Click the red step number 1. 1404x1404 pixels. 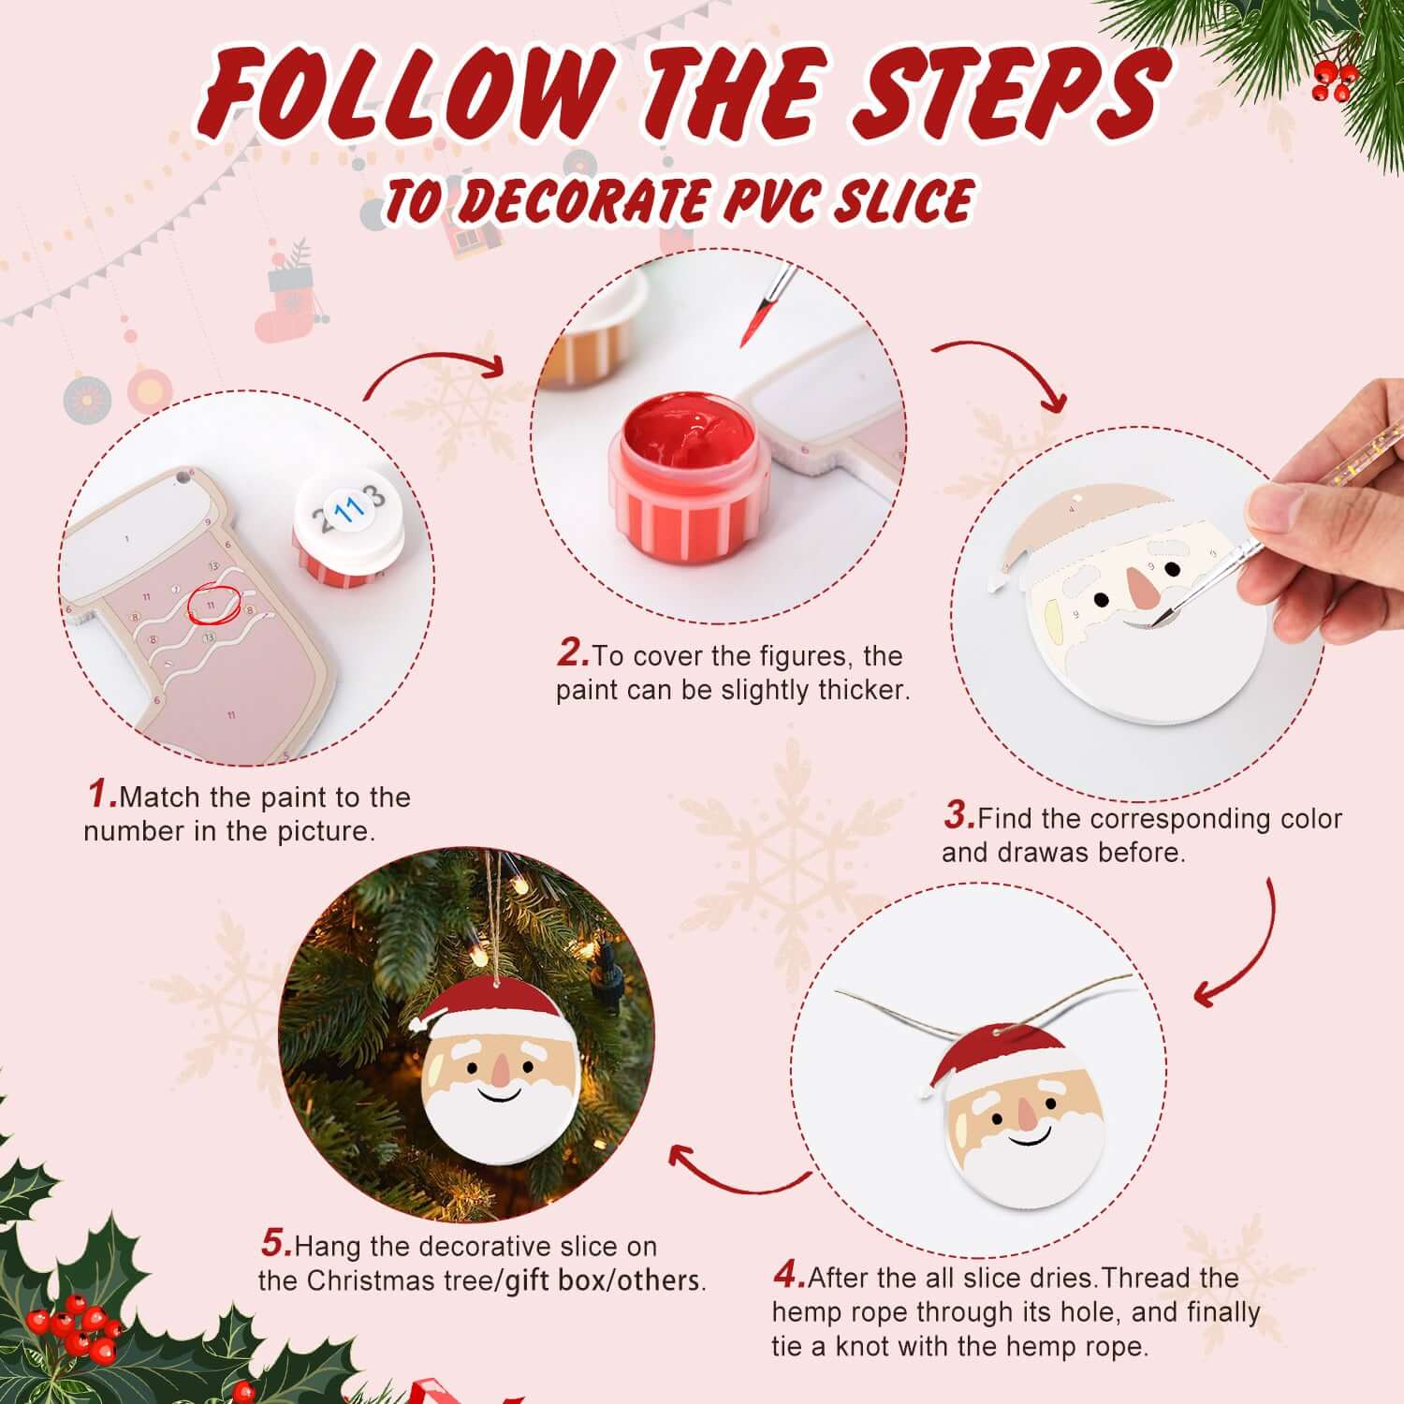click(102, 795)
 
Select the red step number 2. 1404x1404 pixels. click(572, 653)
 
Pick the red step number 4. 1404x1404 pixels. click(789, 1275)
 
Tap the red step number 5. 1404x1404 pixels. click(277, 1244)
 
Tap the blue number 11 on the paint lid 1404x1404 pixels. click(350, 510)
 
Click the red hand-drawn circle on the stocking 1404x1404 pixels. click(214, 605)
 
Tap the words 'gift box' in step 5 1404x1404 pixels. click(556, 1280)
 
